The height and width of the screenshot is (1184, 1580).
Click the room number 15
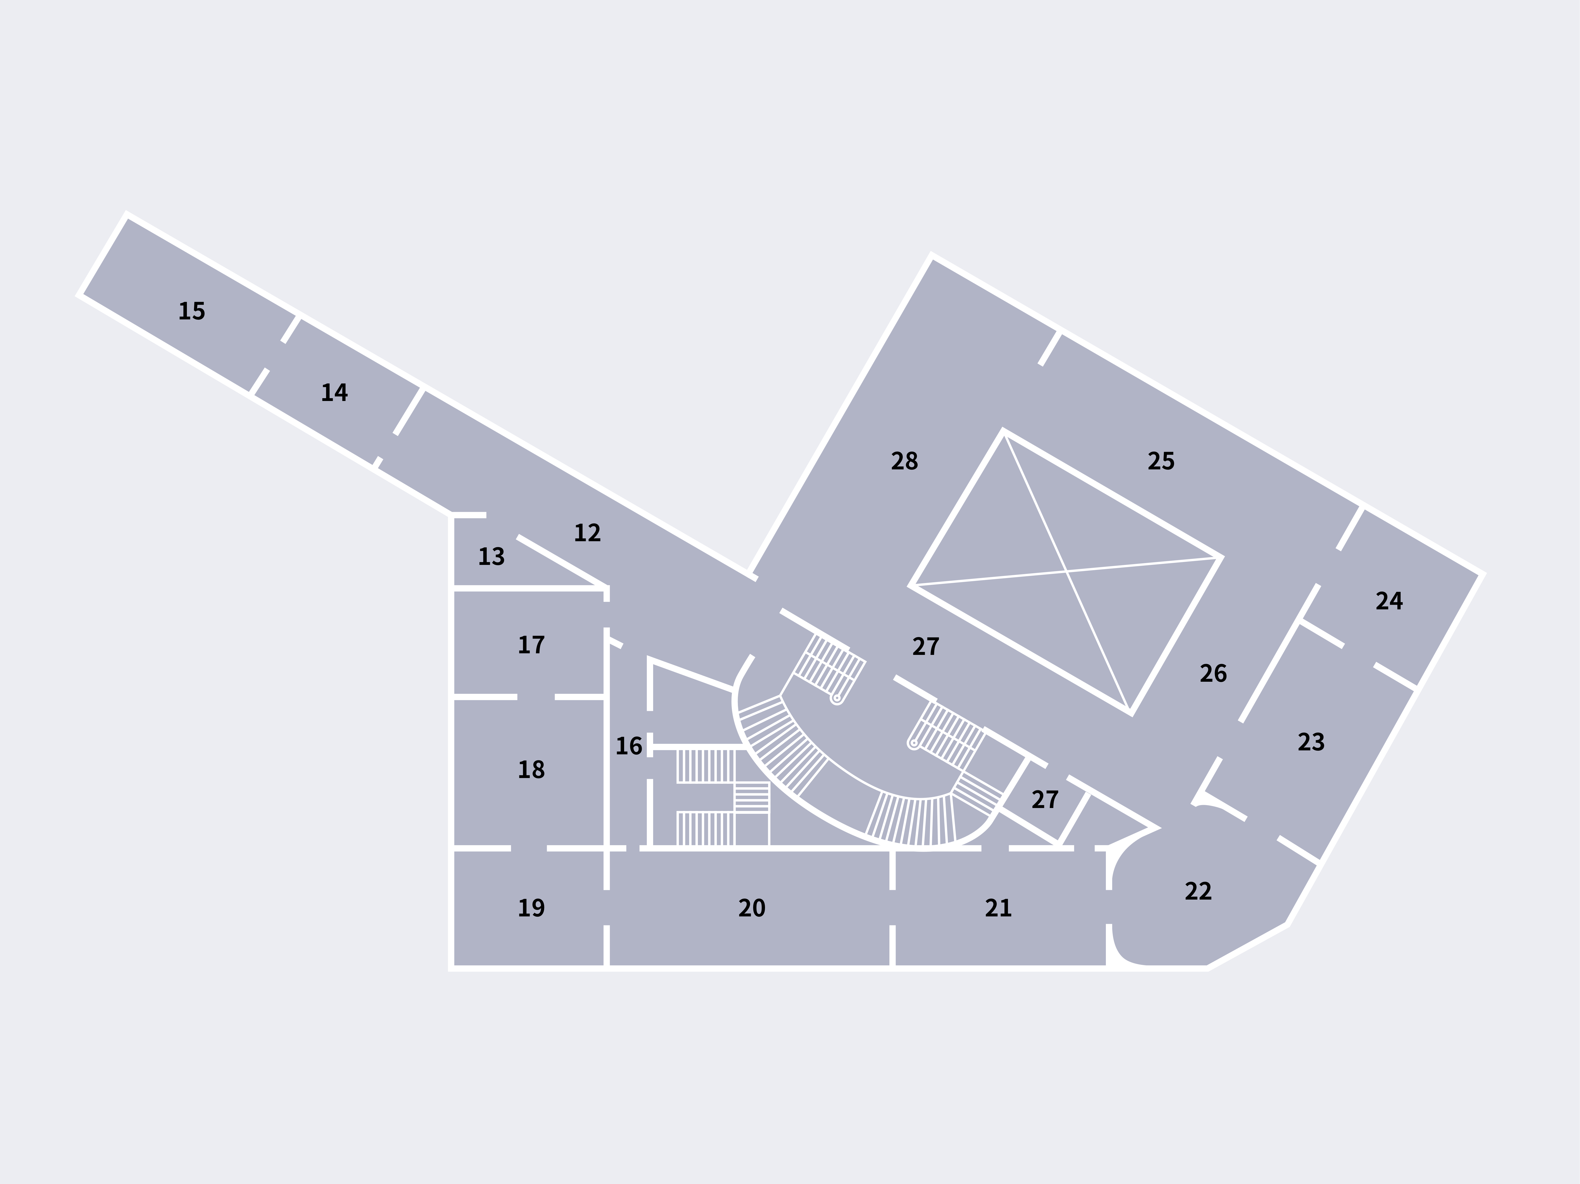[x=191, y=311]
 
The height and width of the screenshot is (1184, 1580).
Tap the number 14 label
[x=334, y=393]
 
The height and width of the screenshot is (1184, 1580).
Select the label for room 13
[x=491, y=556]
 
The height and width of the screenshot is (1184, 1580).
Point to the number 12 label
[x=587, y=533]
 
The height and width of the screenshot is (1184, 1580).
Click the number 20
[x=751, y=908]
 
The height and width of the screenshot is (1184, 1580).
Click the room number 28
[x=904, y=461]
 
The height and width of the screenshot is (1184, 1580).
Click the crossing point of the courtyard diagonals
[x=1066, y=571]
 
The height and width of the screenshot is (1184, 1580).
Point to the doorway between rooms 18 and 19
[x=529, y=848]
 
